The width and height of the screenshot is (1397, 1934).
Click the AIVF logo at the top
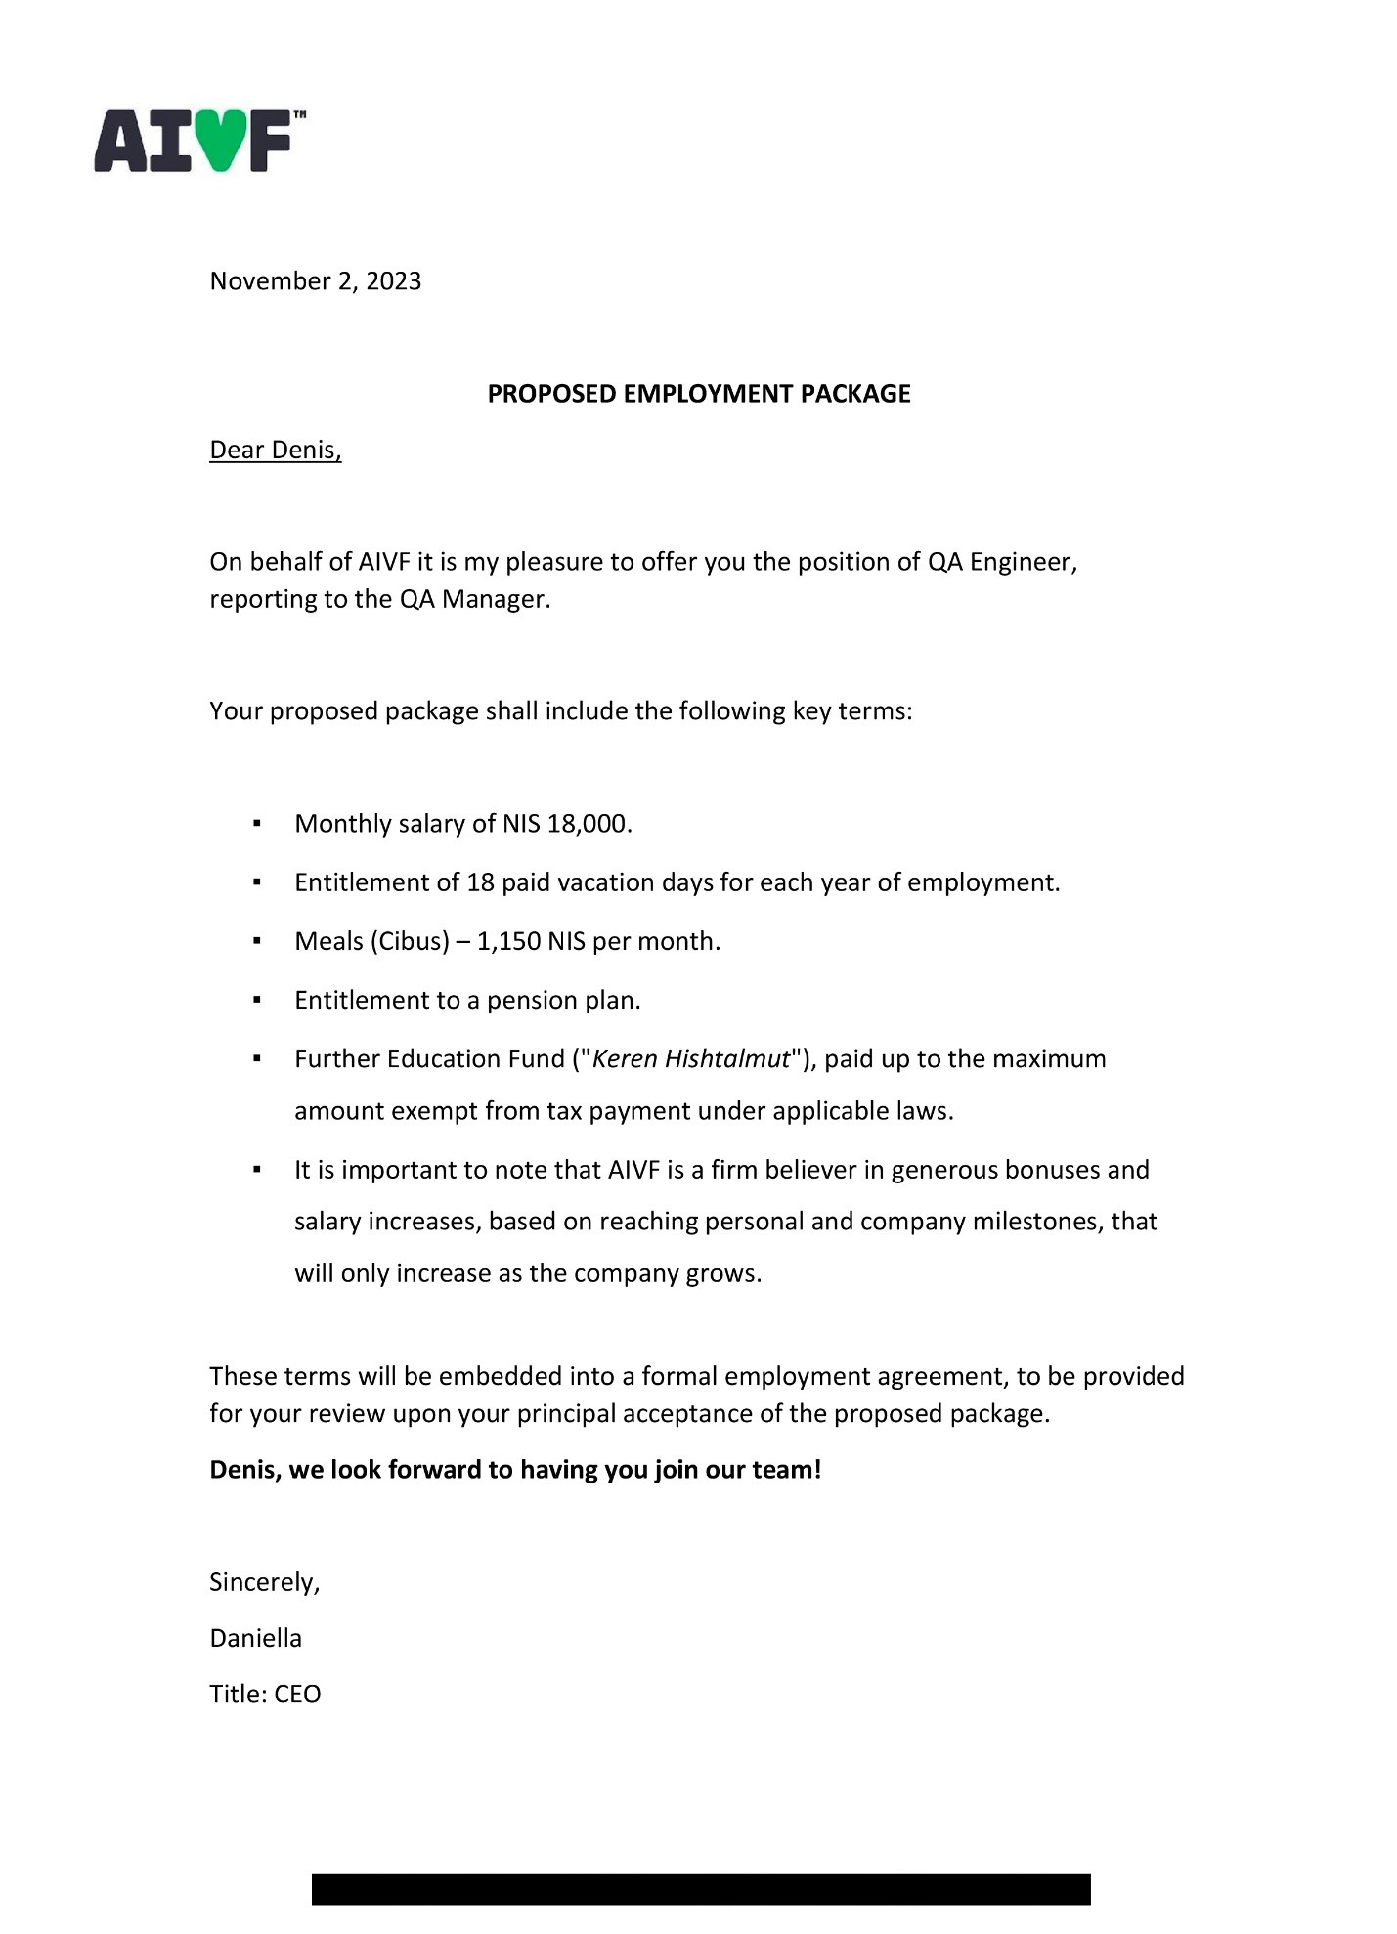pos(198,142)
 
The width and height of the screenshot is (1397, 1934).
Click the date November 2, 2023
pos(315,281)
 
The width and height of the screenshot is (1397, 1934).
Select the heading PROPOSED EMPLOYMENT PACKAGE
pos(699,394)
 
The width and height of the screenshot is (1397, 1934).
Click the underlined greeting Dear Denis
pos(275,451)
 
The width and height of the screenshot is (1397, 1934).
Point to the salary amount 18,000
pos(588,824)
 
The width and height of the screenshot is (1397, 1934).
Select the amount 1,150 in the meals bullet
pos(508,941)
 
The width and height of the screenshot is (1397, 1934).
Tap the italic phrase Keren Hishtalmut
pos(690,1059)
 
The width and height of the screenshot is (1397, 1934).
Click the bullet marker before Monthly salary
pos(257,824)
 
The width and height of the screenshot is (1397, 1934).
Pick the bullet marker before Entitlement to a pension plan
pos(257,1001)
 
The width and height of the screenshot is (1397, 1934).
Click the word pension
pos(532,1001)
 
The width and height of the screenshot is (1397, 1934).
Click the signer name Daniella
pos(255,1638)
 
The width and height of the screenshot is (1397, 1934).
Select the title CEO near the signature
pos(297,1694)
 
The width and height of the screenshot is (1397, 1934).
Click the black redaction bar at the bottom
pos(700,1888)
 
